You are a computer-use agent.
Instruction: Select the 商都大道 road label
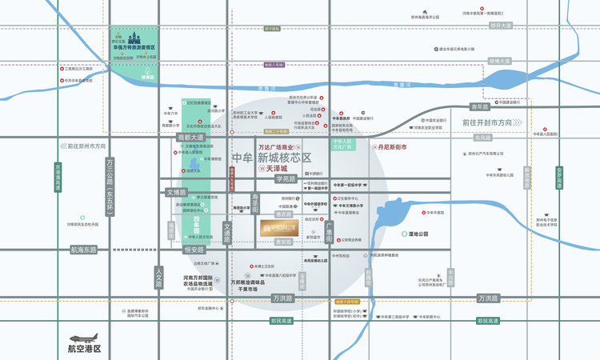coord(191,137)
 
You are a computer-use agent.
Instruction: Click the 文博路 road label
coord(176,193)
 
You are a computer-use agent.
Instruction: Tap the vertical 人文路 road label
coord(159,278)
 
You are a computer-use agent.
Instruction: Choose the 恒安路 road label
coord(194,250)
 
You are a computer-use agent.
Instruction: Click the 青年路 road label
coord(479,107)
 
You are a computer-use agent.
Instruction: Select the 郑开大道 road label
coord(501,26)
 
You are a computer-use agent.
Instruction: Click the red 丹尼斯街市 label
coord(386,148)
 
